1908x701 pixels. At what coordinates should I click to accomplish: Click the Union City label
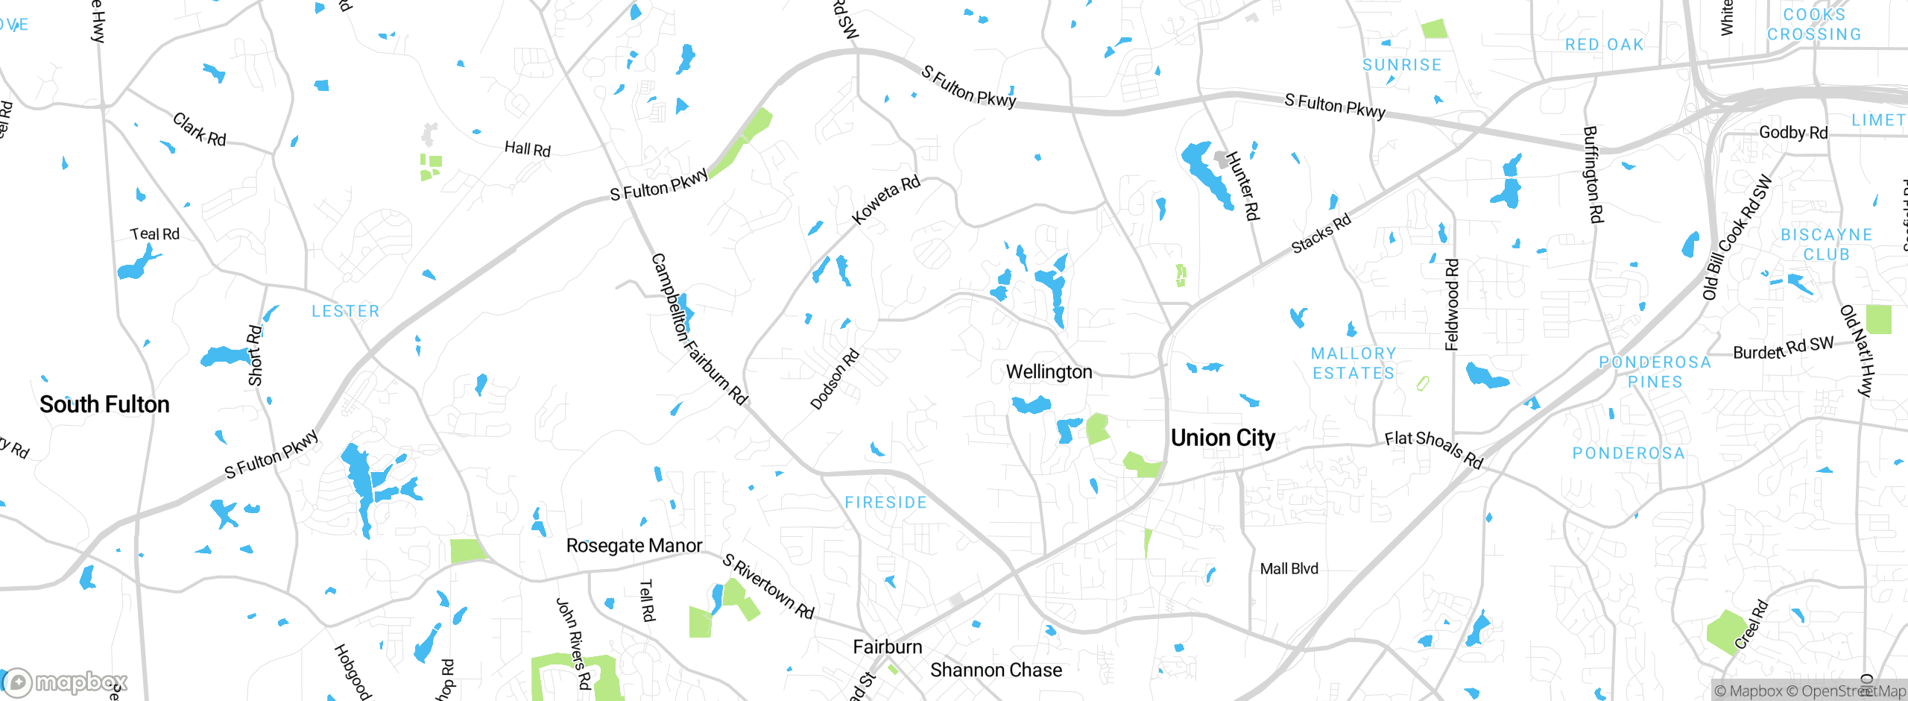point(1223,438)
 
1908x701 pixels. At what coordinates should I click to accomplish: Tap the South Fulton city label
point(104,404)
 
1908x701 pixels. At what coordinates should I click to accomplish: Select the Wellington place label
point(1049,371)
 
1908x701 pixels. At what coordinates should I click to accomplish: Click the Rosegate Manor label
point(634,545)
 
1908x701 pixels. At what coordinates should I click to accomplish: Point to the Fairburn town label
point(887,647)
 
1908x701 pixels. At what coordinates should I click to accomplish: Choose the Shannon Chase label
point(996,670)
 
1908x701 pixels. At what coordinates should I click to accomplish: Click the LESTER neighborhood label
point(346,311)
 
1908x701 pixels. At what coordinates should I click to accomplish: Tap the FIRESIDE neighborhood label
point(885,503)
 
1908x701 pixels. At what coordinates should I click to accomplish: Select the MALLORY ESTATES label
point(1353,363)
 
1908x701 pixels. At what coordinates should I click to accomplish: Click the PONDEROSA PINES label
point(1655,371)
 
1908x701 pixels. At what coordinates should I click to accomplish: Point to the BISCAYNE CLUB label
point(1826,245)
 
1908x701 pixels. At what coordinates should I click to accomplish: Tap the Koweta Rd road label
point(886,200)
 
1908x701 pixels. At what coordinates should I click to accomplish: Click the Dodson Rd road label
point(835,379)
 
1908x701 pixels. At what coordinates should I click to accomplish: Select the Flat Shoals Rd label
point(1434,449)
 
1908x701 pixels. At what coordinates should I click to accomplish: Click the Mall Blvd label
point(1289,568)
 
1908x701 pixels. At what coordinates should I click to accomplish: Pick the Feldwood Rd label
point(1452,304)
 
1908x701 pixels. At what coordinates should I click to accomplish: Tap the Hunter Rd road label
point(1242,186)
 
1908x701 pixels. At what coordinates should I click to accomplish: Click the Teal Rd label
point(155,234)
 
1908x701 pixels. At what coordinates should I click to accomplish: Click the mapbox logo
point(66,682)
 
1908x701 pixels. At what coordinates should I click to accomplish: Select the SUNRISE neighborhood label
point(1401,65)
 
